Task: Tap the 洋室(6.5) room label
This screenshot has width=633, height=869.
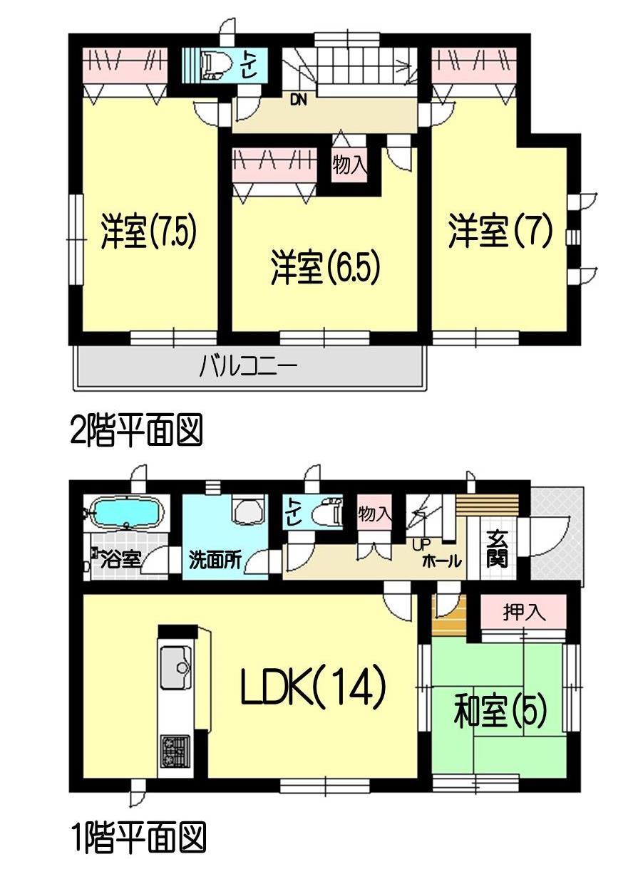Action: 324,268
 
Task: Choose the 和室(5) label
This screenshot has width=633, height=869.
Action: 500,712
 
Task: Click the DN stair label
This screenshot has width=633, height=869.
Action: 298,100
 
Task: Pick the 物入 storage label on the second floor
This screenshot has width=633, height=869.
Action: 349,166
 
